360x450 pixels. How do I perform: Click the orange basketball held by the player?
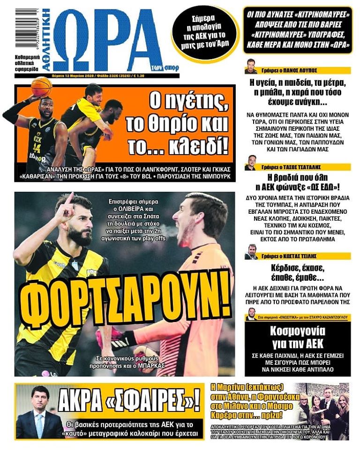[42, 87]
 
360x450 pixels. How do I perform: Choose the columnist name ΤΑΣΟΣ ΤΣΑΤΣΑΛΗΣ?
[307, 166]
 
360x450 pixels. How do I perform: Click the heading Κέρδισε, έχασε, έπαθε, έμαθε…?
[298, 273]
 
